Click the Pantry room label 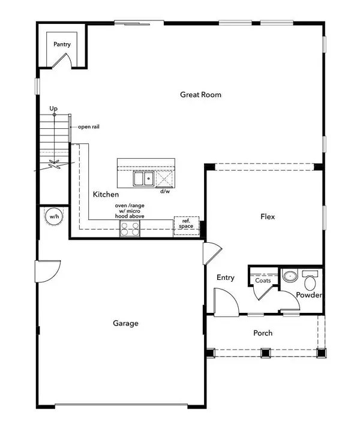point(63,44)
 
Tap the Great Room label point(201,94)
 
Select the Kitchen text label point(106,195)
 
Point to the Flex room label point(268,216)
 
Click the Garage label point(125,323)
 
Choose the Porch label point(263,333)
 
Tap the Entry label point(226,278)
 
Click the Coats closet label point(263,280)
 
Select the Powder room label point(310,295)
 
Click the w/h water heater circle point(53,216)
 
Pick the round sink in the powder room point(290,277)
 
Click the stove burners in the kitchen point(130,228)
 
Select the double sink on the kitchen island point(143,179)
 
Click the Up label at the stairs point(54,108)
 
